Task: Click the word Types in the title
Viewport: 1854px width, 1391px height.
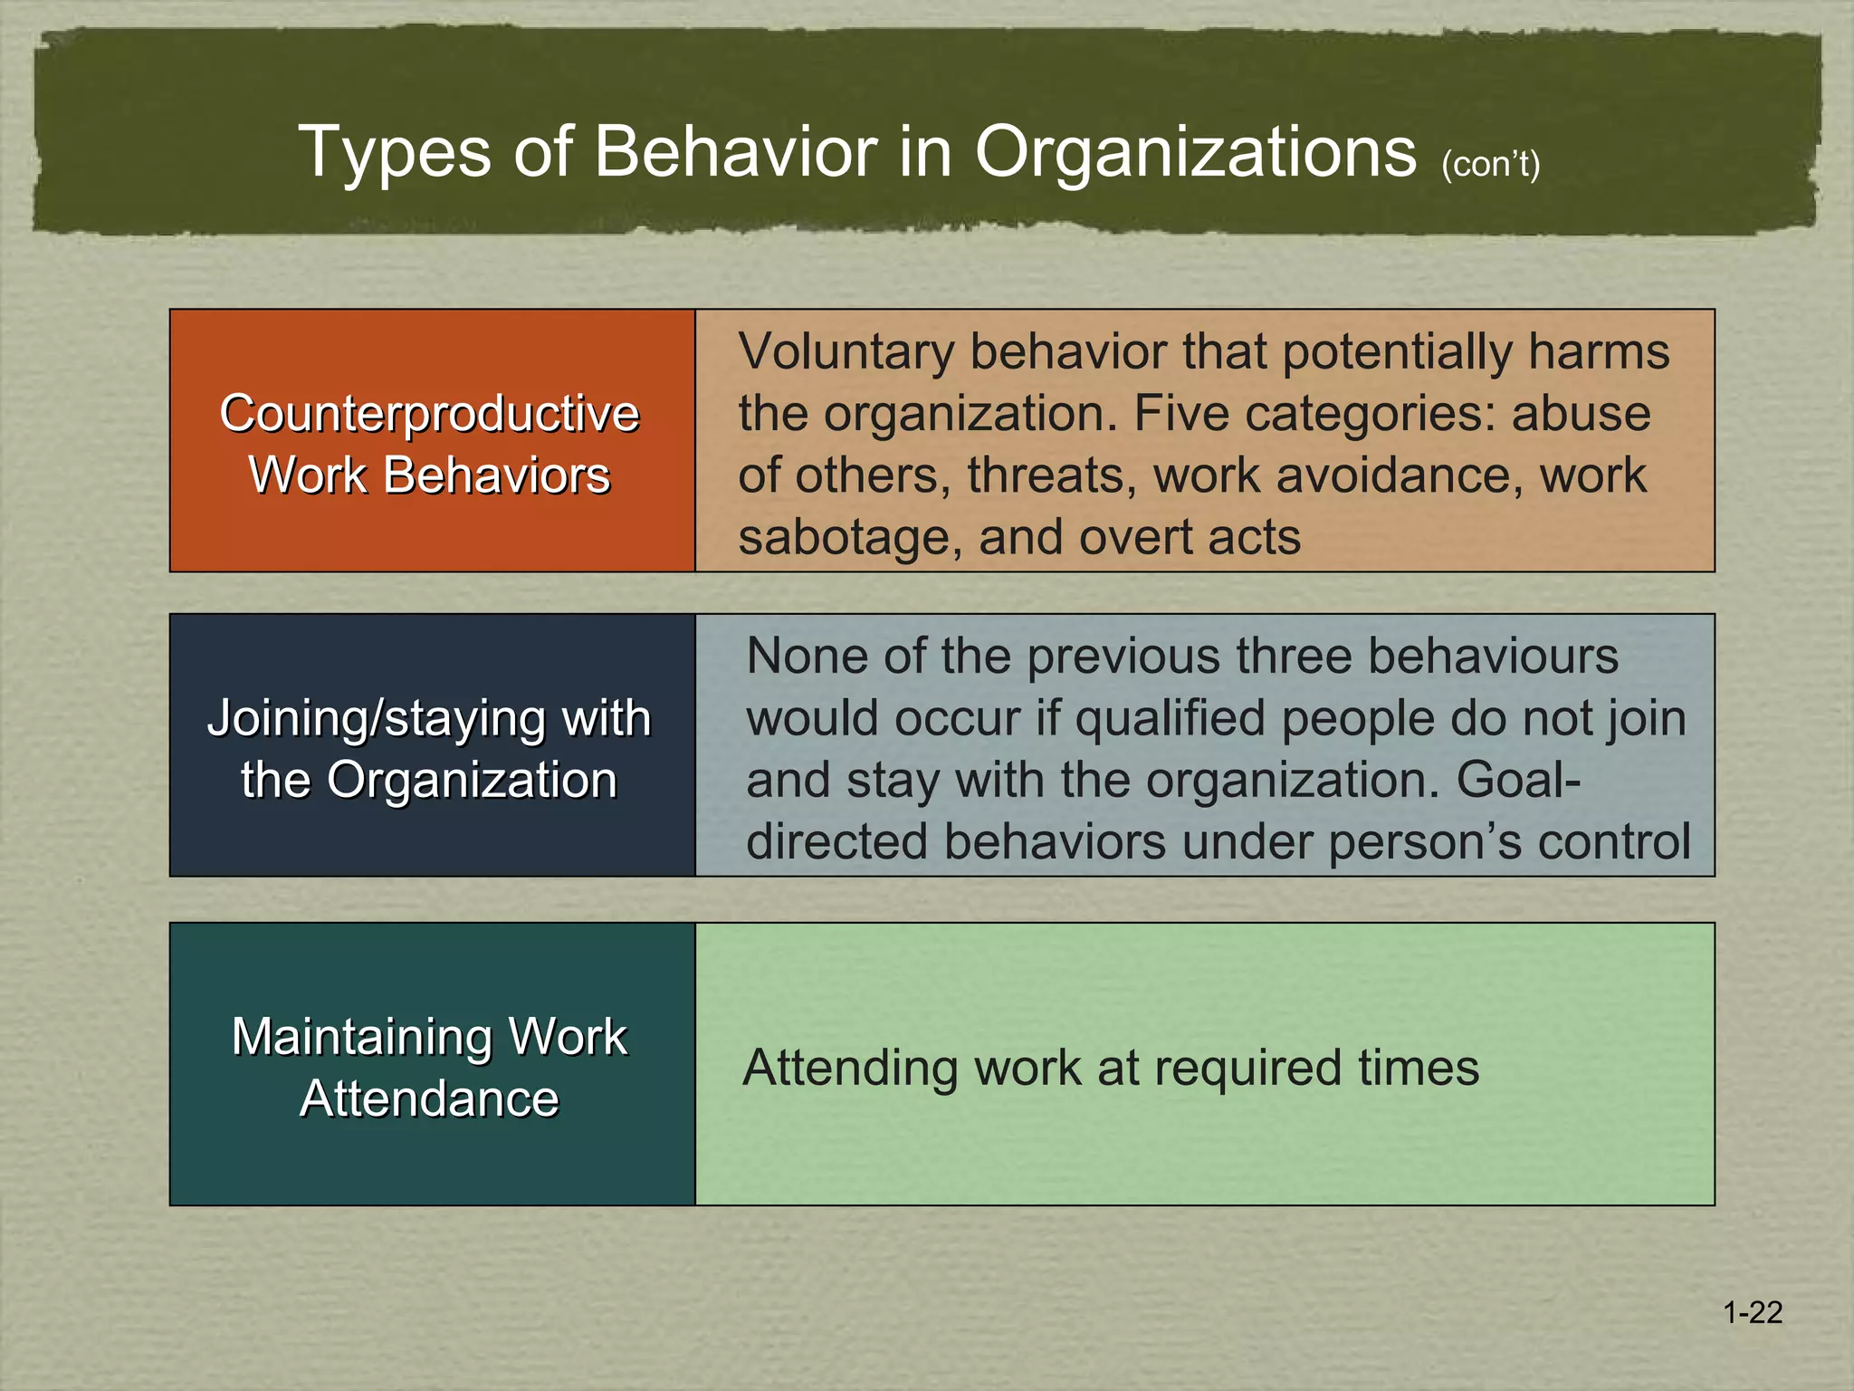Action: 394,152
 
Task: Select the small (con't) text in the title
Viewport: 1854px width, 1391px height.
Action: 1490,164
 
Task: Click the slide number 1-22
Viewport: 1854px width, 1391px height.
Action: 1753,1313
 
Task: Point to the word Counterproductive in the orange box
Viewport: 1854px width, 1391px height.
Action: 429,414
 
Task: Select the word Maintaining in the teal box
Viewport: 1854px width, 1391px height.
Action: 361,1037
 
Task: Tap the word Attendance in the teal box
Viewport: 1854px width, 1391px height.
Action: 429,1099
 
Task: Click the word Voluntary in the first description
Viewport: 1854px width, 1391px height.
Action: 846,351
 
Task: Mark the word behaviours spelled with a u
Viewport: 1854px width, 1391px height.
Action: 1493,656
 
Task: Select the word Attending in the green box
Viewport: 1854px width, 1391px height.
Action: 849,1069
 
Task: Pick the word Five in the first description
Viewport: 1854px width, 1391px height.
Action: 1180,414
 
